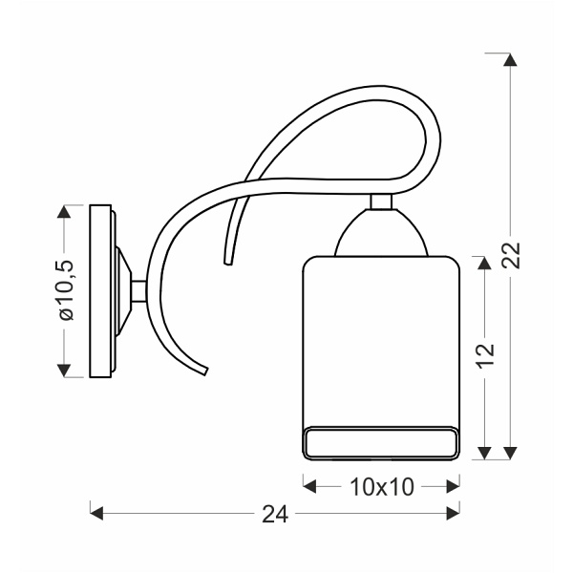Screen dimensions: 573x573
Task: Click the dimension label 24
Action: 275,515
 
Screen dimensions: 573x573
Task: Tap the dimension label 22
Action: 511,255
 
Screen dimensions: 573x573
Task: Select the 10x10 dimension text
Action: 382,487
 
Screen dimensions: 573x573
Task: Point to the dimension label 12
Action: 486,354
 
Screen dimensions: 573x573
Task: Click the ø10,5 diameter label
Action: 66,290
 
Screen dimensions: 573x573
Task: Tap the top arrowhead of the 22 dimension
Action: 510,59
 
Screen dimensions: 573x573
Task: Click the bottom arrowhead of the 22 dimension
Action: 510,453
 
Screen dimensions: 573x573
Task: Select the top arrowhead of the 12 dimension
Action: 485,264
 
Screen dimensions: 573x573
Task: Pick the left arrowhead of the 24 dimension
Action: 96,514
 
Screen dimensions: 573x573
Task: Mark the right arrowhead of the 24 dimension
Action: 453,514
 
